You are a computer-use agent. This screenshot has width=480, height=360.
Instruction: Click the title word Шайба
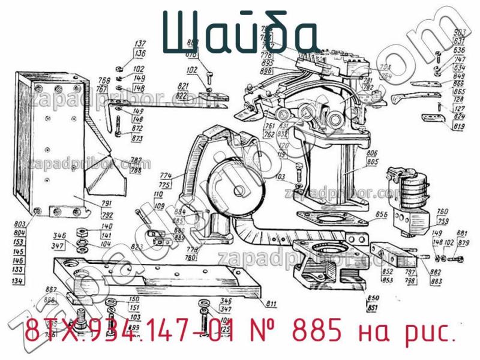pos(240,33)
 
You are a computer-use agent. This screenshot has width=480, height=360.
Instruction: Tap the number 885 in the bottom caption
pos(316,331)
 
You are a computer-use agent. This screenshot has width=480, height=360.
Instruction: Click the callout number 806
pos(372,154)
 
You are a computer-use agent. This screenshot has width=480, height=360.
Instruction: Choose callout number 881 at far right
pos(463,234)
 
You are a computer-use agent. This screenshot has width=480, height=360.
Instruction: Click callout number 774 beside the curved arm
pos(166,176)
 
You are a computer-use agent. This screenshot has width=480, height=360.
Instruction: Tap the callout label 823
pos(136,246)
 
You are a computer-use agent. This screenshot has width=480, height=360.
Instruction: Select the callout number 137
pos(140,44)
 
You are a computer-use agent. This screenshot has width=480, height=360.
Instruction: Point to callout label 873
pos(137,139)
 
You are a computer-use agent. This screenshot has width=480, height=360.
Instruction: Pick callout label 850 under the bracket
pos(373,298)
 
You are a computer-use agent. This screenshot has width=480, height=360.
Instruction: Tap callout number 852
pos(388,271)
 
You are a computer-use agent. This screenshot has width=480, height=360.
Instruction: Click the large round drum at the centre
pos(233,186)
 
